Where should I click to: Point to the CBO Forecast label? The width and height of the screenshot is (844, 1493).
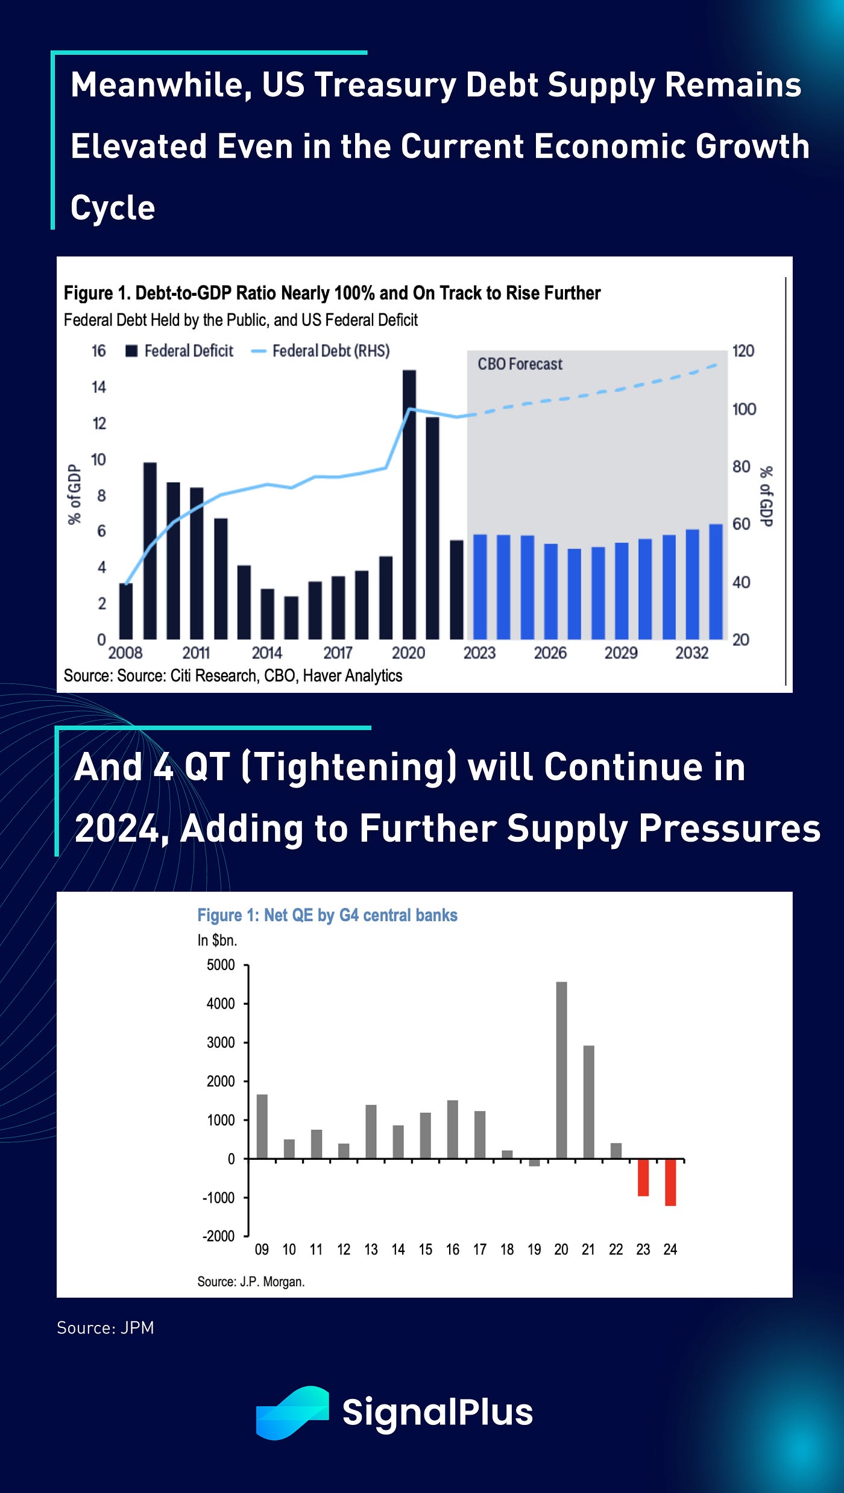tap(520, 364)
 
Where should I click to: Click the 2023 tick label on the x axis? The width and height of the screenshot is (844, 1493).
tap(479, 653)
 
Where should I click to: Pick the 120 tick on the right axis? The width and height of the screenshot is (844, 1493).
tap(743, 351)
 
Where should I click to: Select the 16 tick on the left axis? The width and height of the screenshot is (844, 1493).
tap(98, 351)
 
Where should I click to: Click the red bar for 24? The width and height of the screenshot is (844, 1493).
tap(670, 1182)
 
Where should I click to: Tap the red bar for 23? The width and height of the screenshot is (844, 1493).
tap(643, 1177)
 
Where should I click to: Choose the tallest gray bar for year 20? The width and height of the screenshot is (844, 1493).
tap(561, 1070)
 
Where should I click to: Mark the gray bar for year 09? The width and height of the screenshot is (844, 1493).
tap(262, 1126)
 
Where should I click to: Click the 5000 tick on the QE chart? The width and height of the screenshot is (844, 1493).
tap(221, 965)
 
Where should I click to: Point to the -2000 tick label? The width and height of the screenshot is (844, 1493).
tap(218, 1236)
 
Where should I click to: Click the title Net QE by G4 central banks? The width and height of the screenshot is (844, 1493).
tap(327, 915)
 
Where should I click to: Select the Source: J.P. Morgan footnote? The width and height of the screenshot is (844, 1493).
tap(251, 1282)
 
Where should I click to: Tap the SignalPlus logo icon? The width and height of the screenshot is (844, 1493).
tap(292, 1413)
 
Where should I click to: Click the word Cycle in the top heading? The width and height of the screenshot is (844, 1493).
tap(113, 208)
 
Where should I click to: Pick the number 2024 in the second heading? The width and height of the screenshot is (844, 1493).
tap(117, 828)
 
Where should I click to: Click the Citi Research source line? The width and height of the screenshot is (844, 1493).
tap(233, 676)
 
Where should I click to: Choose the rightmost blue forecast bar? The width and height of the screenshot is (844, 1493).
tap(716, 582)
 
